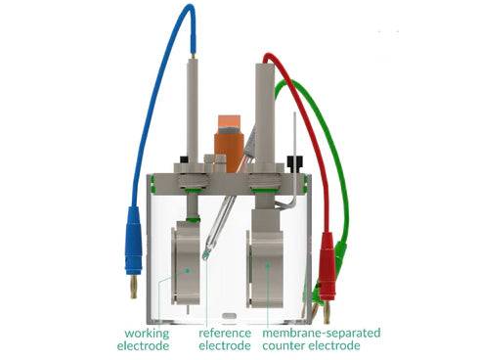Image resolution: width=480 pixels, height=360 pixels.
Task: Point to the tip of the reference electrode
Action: click(x=205, y=255)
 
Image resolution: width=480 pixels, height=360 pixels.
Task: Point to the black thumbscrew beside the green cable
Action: click(x=295, y=159)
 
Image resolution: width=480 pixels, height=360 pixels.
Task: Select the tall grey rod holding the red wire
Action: click(x=265, y=108)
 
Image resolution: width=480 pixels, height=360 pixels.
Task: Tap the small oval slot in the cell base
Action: click(x=229, y=316)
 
